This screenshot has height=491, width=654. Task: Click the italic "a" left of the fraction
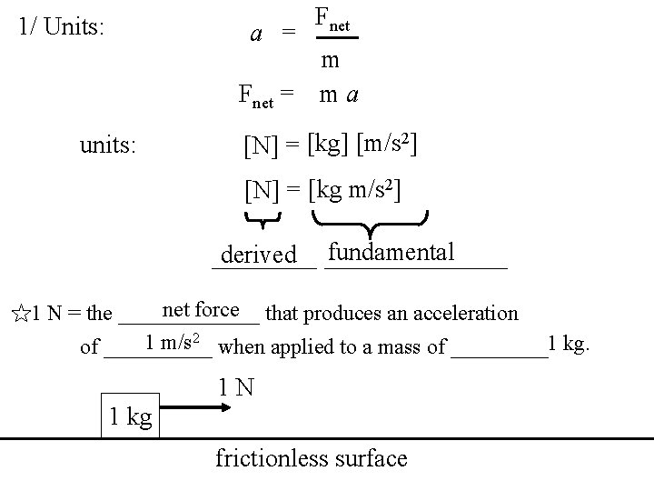pyautogui.click(x=257, y=34)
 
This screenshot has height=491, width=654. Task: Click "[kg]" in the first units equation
pyautogui.click(x=329, y=143)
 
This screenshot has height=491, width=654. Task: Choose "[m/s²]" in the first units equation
pyautogui.click(x=387, y=143)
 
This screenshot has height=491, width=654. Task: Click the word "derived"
pyautogui.click(x=259, y=256)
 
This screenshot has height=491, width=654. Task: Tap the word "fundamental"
pyautogui.click(x=391, y=252)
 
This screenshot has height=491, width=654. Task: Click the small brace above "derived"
pyautogui.click(x=262, y=218)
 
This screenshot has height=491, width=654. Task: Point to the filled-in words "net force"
pyautogui.click(x=201, y=310)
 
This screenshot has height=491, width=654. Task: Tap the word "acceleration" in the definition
pyautogui.click(x=465, y=314)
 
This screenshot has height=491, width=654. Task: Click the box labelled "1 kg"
pyautogui.click(x=130, y=416)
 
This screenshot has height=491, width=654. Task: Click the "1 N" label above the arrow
pyautogui.click(x=234, y=387)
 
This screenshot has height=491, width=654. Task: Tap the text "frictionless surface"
pyautogui.click(x=312, y=458)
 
